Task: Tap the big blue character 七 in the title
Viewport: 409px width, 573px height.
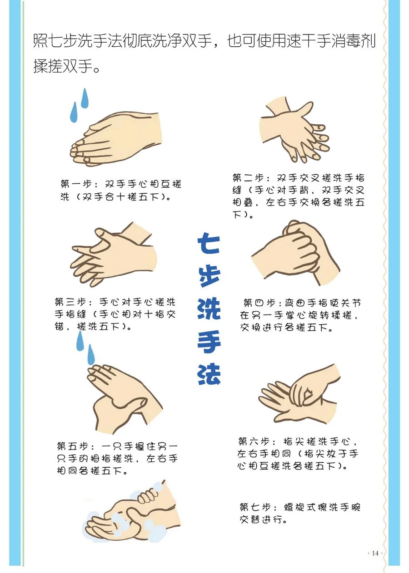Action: pyautogui.click(x=209, y=244)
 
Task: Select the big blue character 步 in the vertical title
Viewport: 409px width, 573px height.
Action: pyautogui.click(x=209, y=276)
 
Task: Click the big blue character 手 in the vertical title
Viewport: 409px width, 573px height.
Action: pyautogui.click(x=209, y=342)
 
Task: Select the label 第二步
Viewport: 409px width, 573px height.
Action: pyautogui.click(x=248, y=178)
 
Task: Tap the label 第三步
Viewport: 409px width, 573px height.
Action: pyautogui.click(x=70, y=302)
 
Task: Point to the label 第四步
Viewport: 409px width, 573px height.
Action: pyautogui.click(x=259, y=303)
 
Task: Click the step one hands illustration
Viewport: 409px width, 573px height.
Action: pyautogui.click(x=115, y=139)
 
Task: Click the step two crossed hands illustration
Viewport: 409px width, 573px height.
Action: pyautogui.click(x=294, y=130)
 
